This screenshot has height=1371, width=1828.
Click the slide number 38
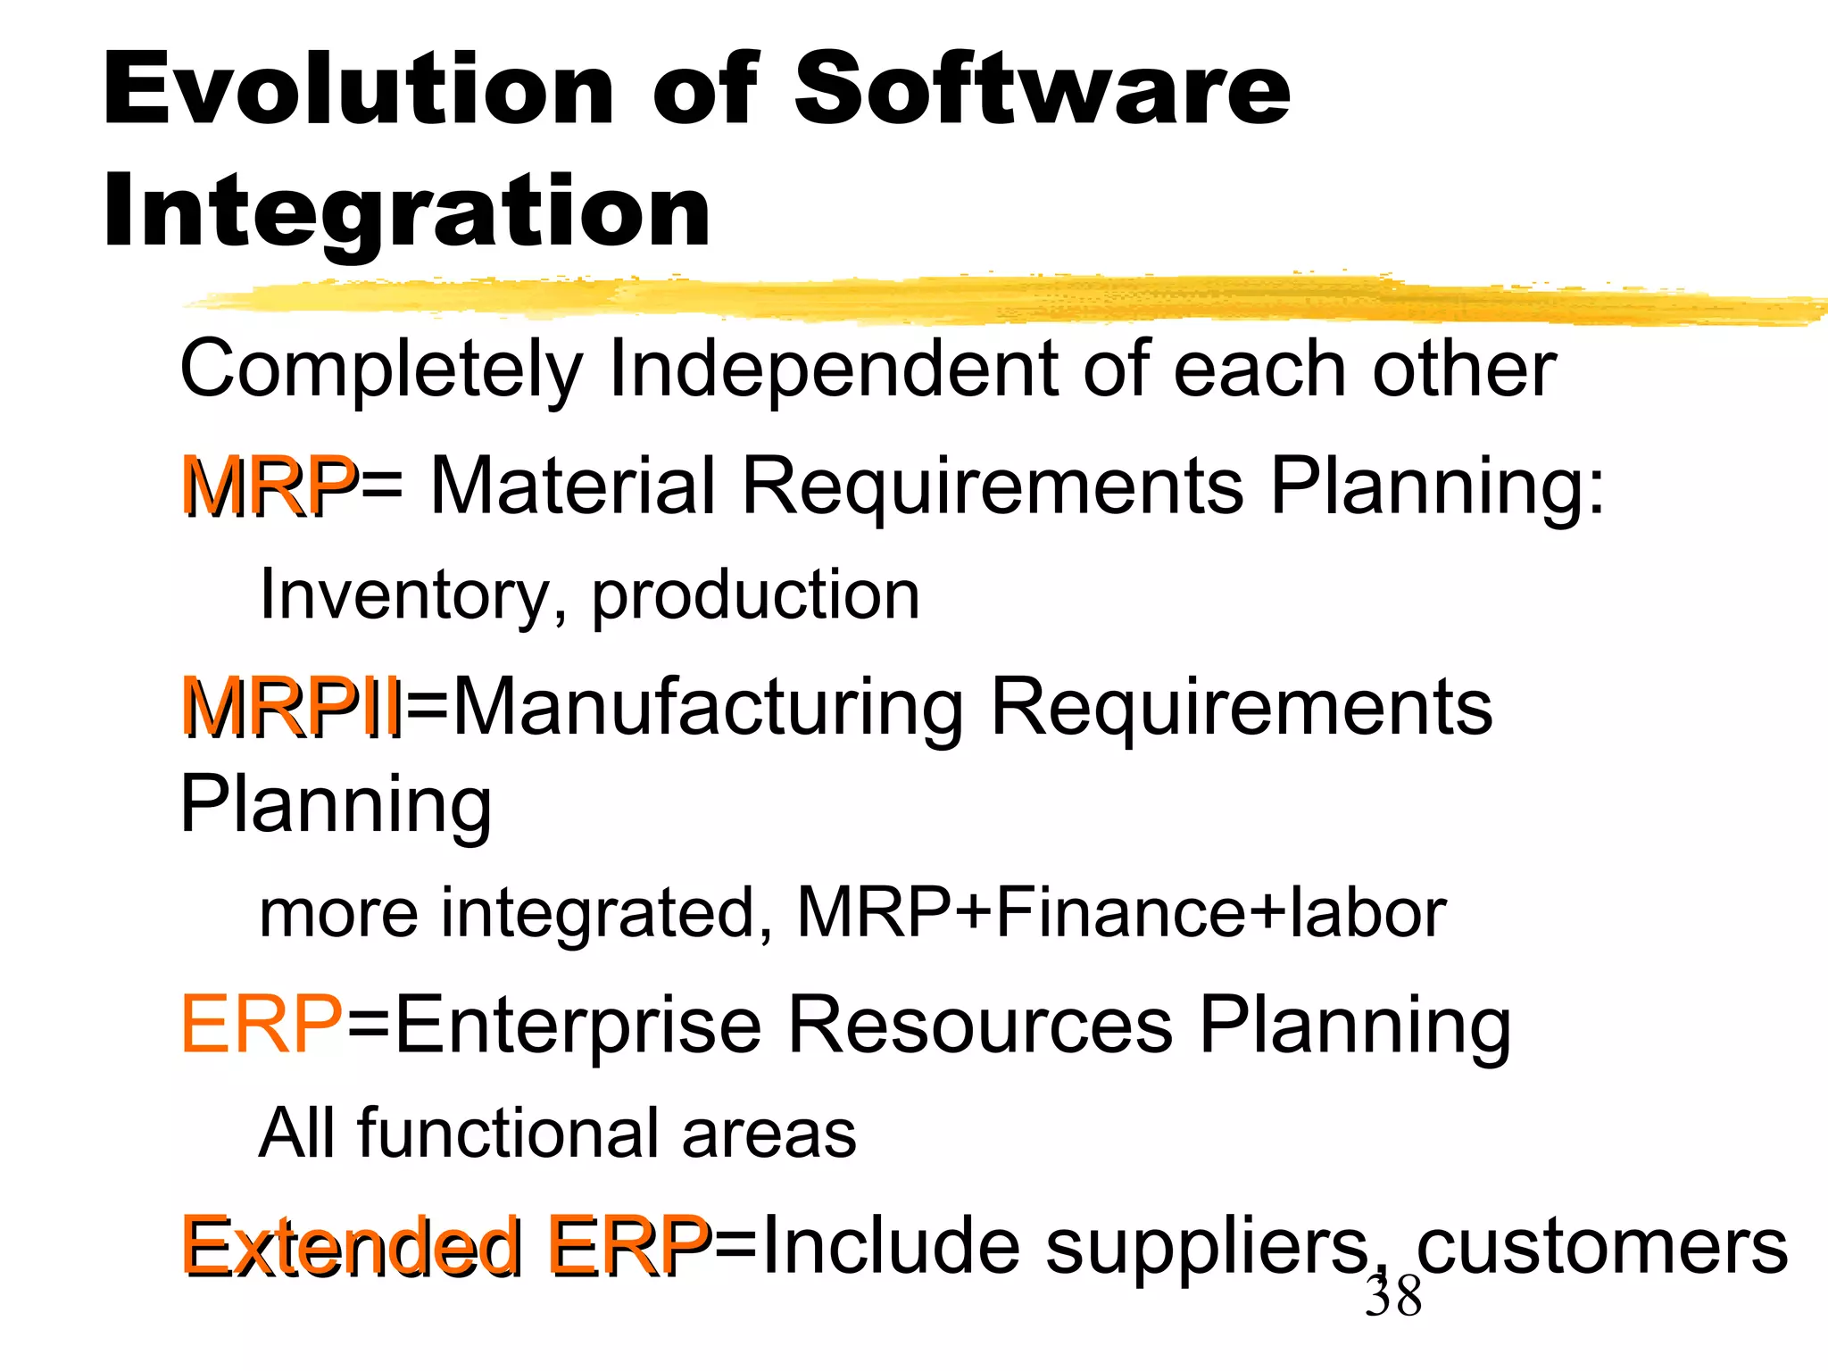(1393, 1296)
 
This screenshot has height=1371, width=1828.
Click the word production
(755, 596)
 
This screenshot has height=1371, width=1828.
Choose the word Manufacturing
(710, 707)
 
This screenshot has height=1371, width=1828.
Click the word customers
(1602, 1246)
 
